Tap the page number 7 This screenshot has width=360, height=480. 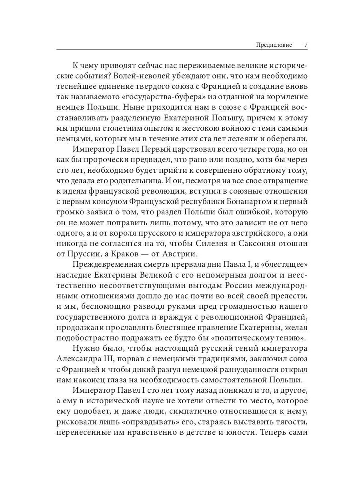[x=305, y=45]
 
